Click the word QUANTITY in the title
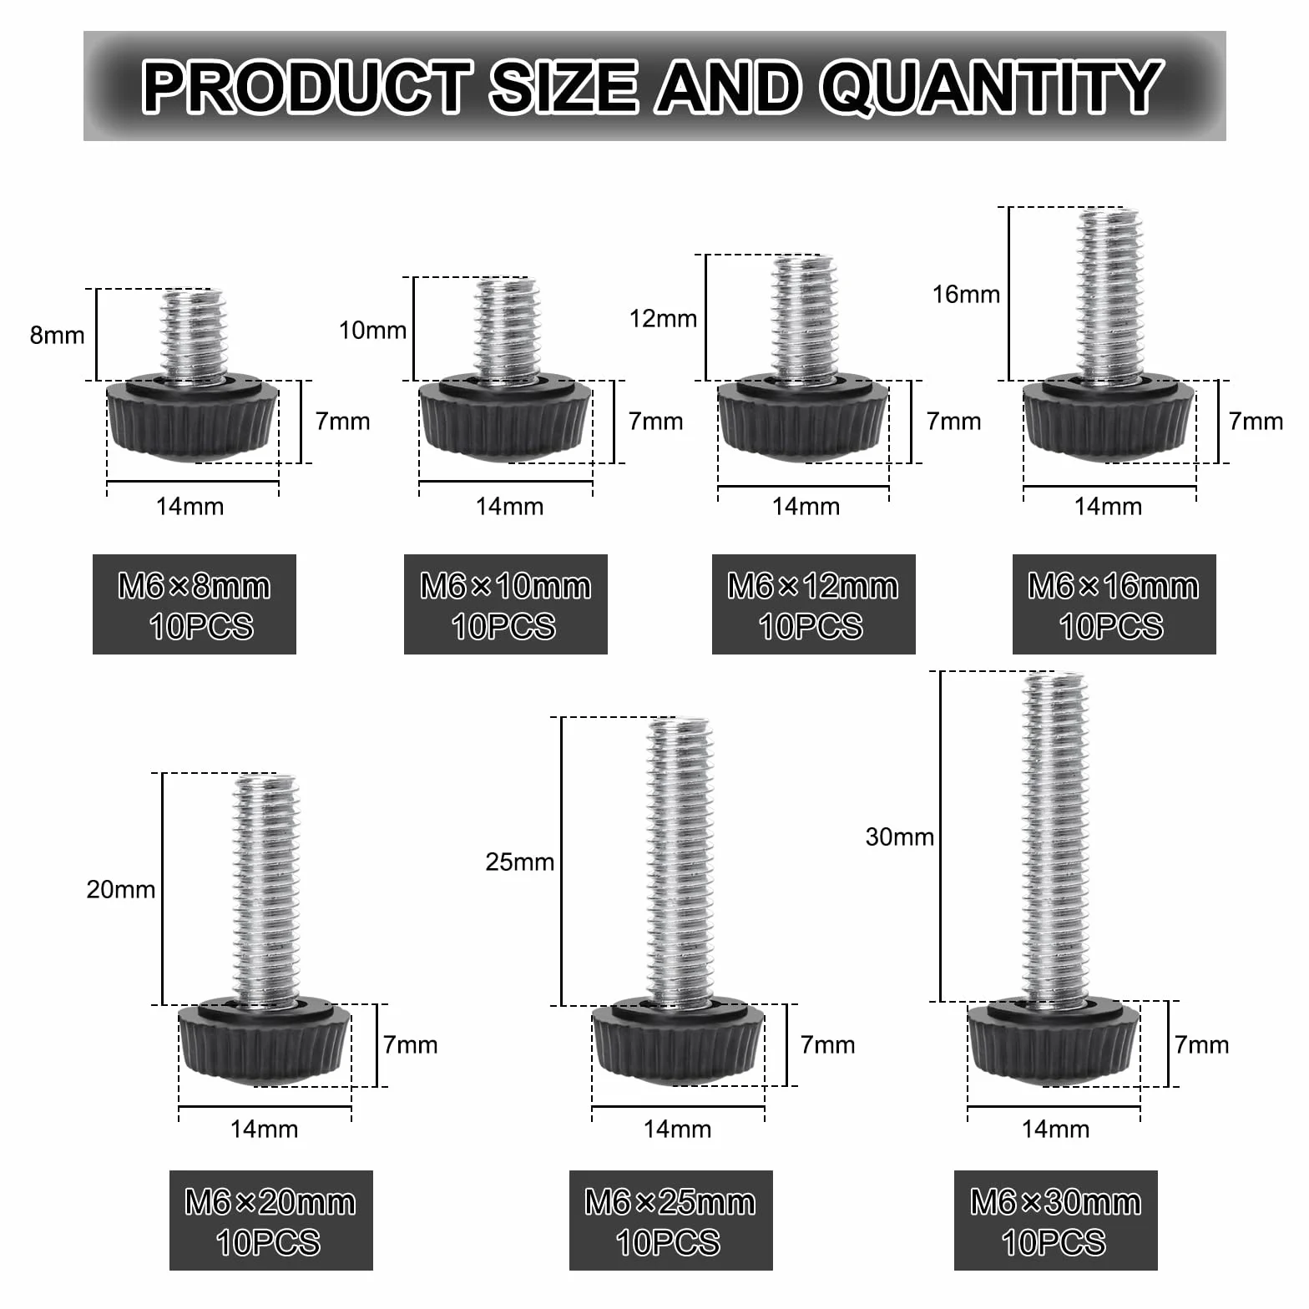[991, 87]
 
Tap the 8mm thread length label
[57, 335]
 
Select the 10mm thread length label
[372, 330]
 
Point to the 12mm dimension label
[663, 318]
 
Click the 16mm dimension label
[966, 294]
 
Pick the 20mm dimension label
[121, 889]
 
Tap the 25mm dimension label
[520, 862]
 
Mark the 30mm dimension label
[900, 836]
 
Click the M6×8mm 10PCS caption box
[195, 604]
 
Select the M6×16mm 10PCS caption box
[1114, 604]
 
